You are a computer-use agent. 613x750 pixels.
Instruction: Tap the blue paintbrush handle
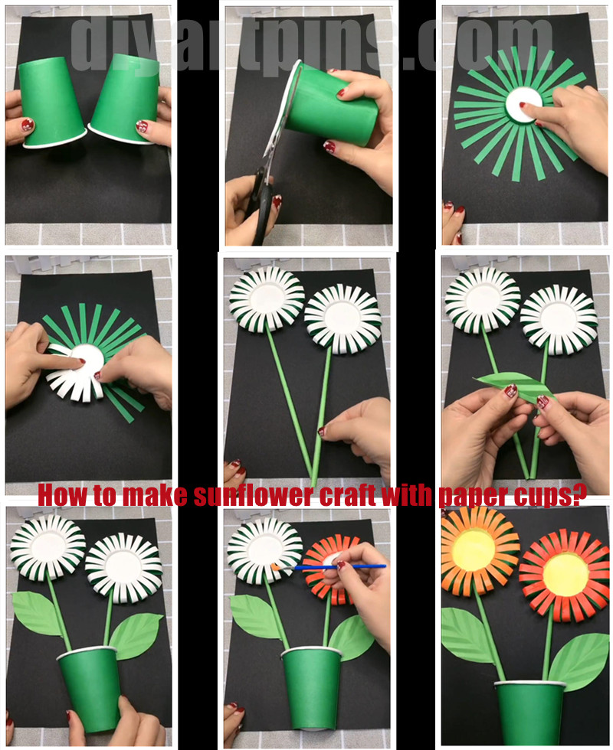(340, 567)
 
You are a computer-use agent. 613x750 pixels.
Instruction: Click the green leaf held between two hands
(515, 387)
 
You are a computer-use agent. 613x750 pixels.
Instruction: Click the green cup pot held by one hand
(90, 689)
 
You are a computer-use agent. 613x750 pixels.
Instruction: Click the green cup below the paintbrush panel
(311, 687)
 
